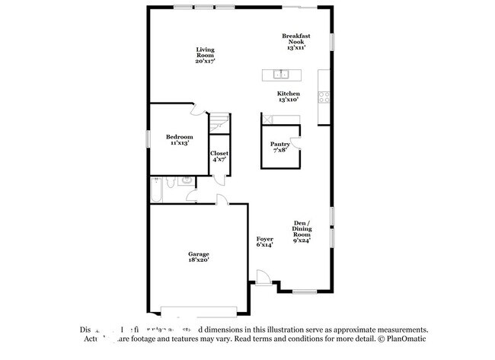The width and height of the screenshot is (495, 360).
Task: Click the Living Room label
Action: (205, 55)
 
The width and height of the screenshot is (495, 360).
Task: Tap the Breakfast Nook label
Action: (295, 41)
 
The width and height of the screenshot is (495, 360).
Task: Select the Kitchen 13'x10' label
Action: (287, 96)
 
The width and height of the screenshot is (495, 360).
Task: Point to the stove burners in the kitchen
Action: (324, 97)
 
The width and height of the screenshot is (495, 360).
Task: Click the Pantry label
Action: (279, 146)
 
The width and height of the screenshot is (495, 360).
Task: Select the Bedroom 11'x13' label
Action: (179, 139)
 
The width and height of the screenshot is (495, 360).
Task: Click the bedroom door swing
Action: (198, 110)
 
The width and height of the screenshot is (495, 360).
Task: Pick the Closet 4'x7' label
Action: (219, 156)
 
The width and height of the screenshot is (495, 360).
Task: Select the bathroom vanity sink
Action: (185, 181)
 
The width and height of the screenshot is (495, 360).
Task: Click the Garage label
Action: (199, 256)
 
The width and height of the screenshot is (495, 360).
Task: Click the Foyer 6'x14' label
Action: (264, 242)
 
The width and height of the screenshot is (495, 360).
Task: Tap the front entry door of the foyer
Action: (263, 278)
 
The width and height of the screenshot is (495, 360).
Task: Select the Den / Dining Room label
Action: (302, 230)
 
